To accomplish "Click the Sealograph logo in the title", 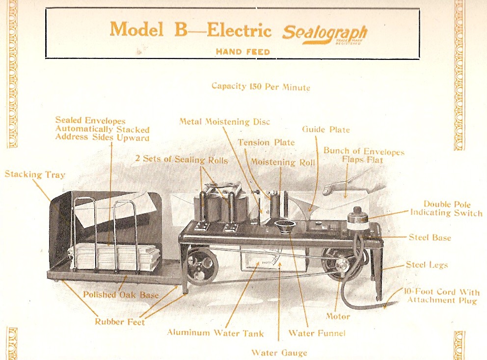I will click(x=325, y=34).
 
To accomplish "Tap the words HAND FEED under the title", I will click(x=243, y=51).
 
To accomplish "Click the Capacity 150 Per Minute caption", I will click(x=261, y=87).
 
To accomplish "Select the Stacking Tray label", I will click(x=35, y=174).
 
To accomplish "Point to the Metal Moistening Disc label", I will click(x=224, y=121).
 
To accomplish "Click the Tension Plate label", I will click(x=266, y=142).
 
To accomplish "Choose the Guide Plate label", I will click(x=325, y=130).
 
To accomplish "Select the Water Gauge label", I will click(x=279, y=352).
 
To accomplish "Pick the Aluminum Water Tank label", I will click(x=215, y=332).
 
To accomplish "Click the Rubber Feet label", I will click(x=120, y=322).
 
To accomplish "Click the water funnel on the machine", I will click(x=284, y=228).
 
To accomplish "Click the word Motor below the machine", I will click(x=338, y=316).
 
